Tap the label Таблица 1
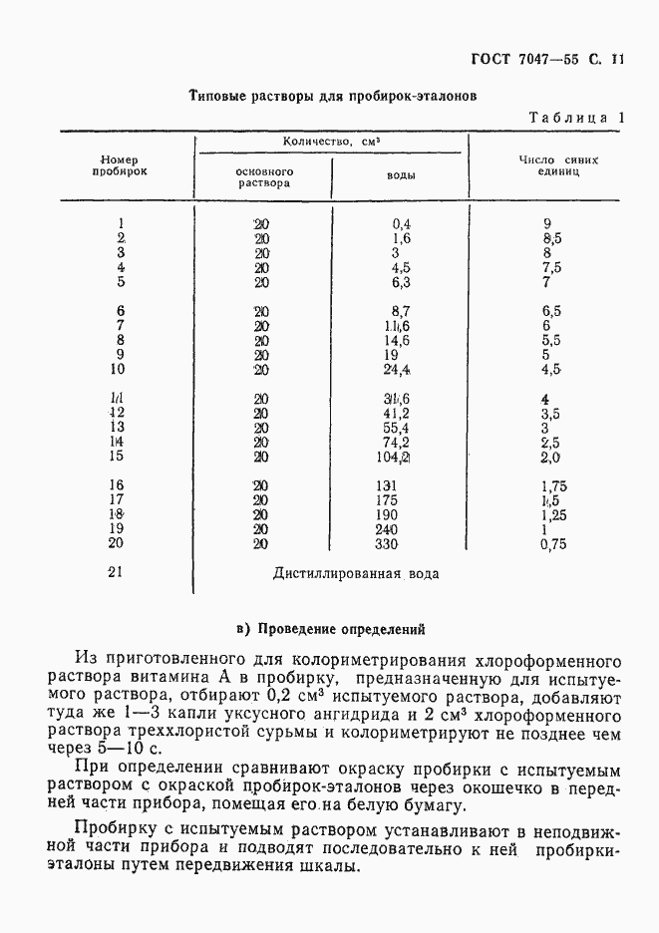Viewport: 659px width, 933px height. [x=576, y=117]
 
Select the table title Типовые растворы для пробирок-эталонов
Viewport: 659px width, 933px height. [x=333, y=97]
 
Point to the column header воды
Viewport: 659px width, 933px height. [x=401, y=175]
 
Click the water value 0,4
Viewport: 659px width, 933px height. [x=402, y=224]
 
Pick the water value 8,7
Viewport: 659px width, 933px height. [x=402, y=311]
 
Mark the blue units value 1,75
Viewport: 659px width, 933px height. [x=554, y=485]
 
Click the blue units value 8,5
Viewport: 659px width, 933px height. [x=551, y=239]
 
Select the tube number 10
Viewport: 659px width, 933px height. [x=117, y=370]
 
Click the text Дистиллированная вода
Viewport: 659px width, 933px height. [x=355, y=573]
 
